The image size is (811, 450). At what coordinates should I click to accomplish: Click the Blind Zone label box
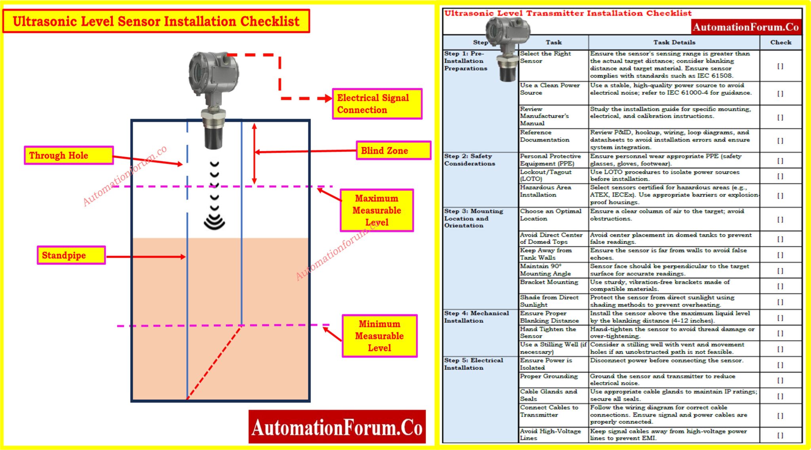[393, 150]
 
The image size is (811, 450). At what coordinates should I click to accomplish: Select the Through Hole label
[69, 155]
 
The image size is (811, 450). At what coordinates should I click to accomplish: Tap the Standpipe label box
[71, 255]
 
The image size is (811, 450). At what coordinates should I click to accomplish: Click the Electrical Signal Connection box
[377, 104]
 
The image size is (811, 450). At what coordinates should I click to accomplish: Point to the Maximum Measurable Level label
[377, 210]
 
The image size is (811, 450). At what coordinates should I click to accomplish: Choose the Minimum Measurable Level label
[379, 336]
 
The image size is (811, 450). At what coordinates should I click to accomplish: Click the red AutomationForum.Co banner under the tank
[337, 427]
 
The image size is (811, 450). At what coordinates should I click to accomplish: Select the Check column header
[781, 42]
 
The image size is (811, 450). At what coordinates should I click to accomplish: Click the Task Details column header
[674, 42]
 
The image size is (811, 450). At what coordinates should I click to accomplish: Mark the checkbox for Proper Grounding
[780, 380]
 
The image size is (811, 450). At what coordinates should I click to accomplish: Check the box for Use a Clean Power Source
[780, 93]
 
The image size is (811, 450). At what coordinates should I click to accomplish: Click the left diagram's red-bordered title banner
[156, 21]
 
